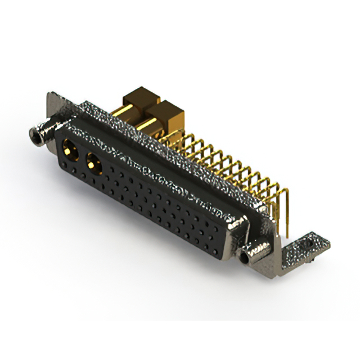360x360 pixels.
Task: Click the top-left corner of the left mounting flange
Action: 49,93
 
